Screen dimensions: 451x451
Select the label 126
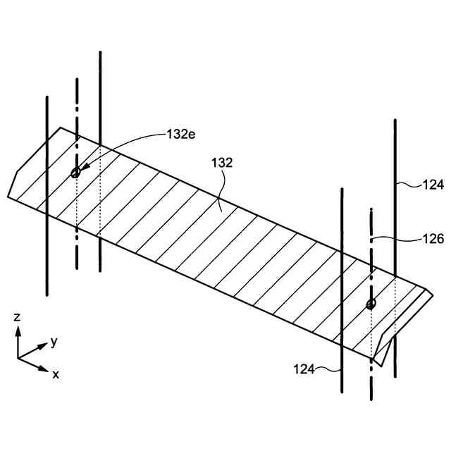tap(433, 240)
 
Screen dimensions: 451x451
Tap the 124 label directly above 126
tap(433, 185)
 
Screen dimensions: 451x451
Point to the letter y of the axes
tap(54, 342)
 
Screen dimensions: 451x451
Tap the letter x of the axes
tap(56, 374)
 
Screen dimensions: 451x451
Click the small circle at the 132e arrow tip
tap(76, 173)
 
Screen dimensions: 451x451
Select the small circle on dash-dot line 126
tap(371, 304)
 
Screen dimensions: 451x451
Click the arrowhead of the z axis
tap(18, 330)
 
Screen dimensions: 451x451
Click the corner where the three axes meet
tap(18, 358)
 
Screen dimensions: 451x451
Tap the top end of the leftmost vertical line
tap(47, 97)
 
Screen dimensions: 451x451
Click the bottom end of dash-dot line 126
tap(371, 399)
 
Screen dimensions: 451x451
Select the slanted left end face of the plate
tap(12, 184)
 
